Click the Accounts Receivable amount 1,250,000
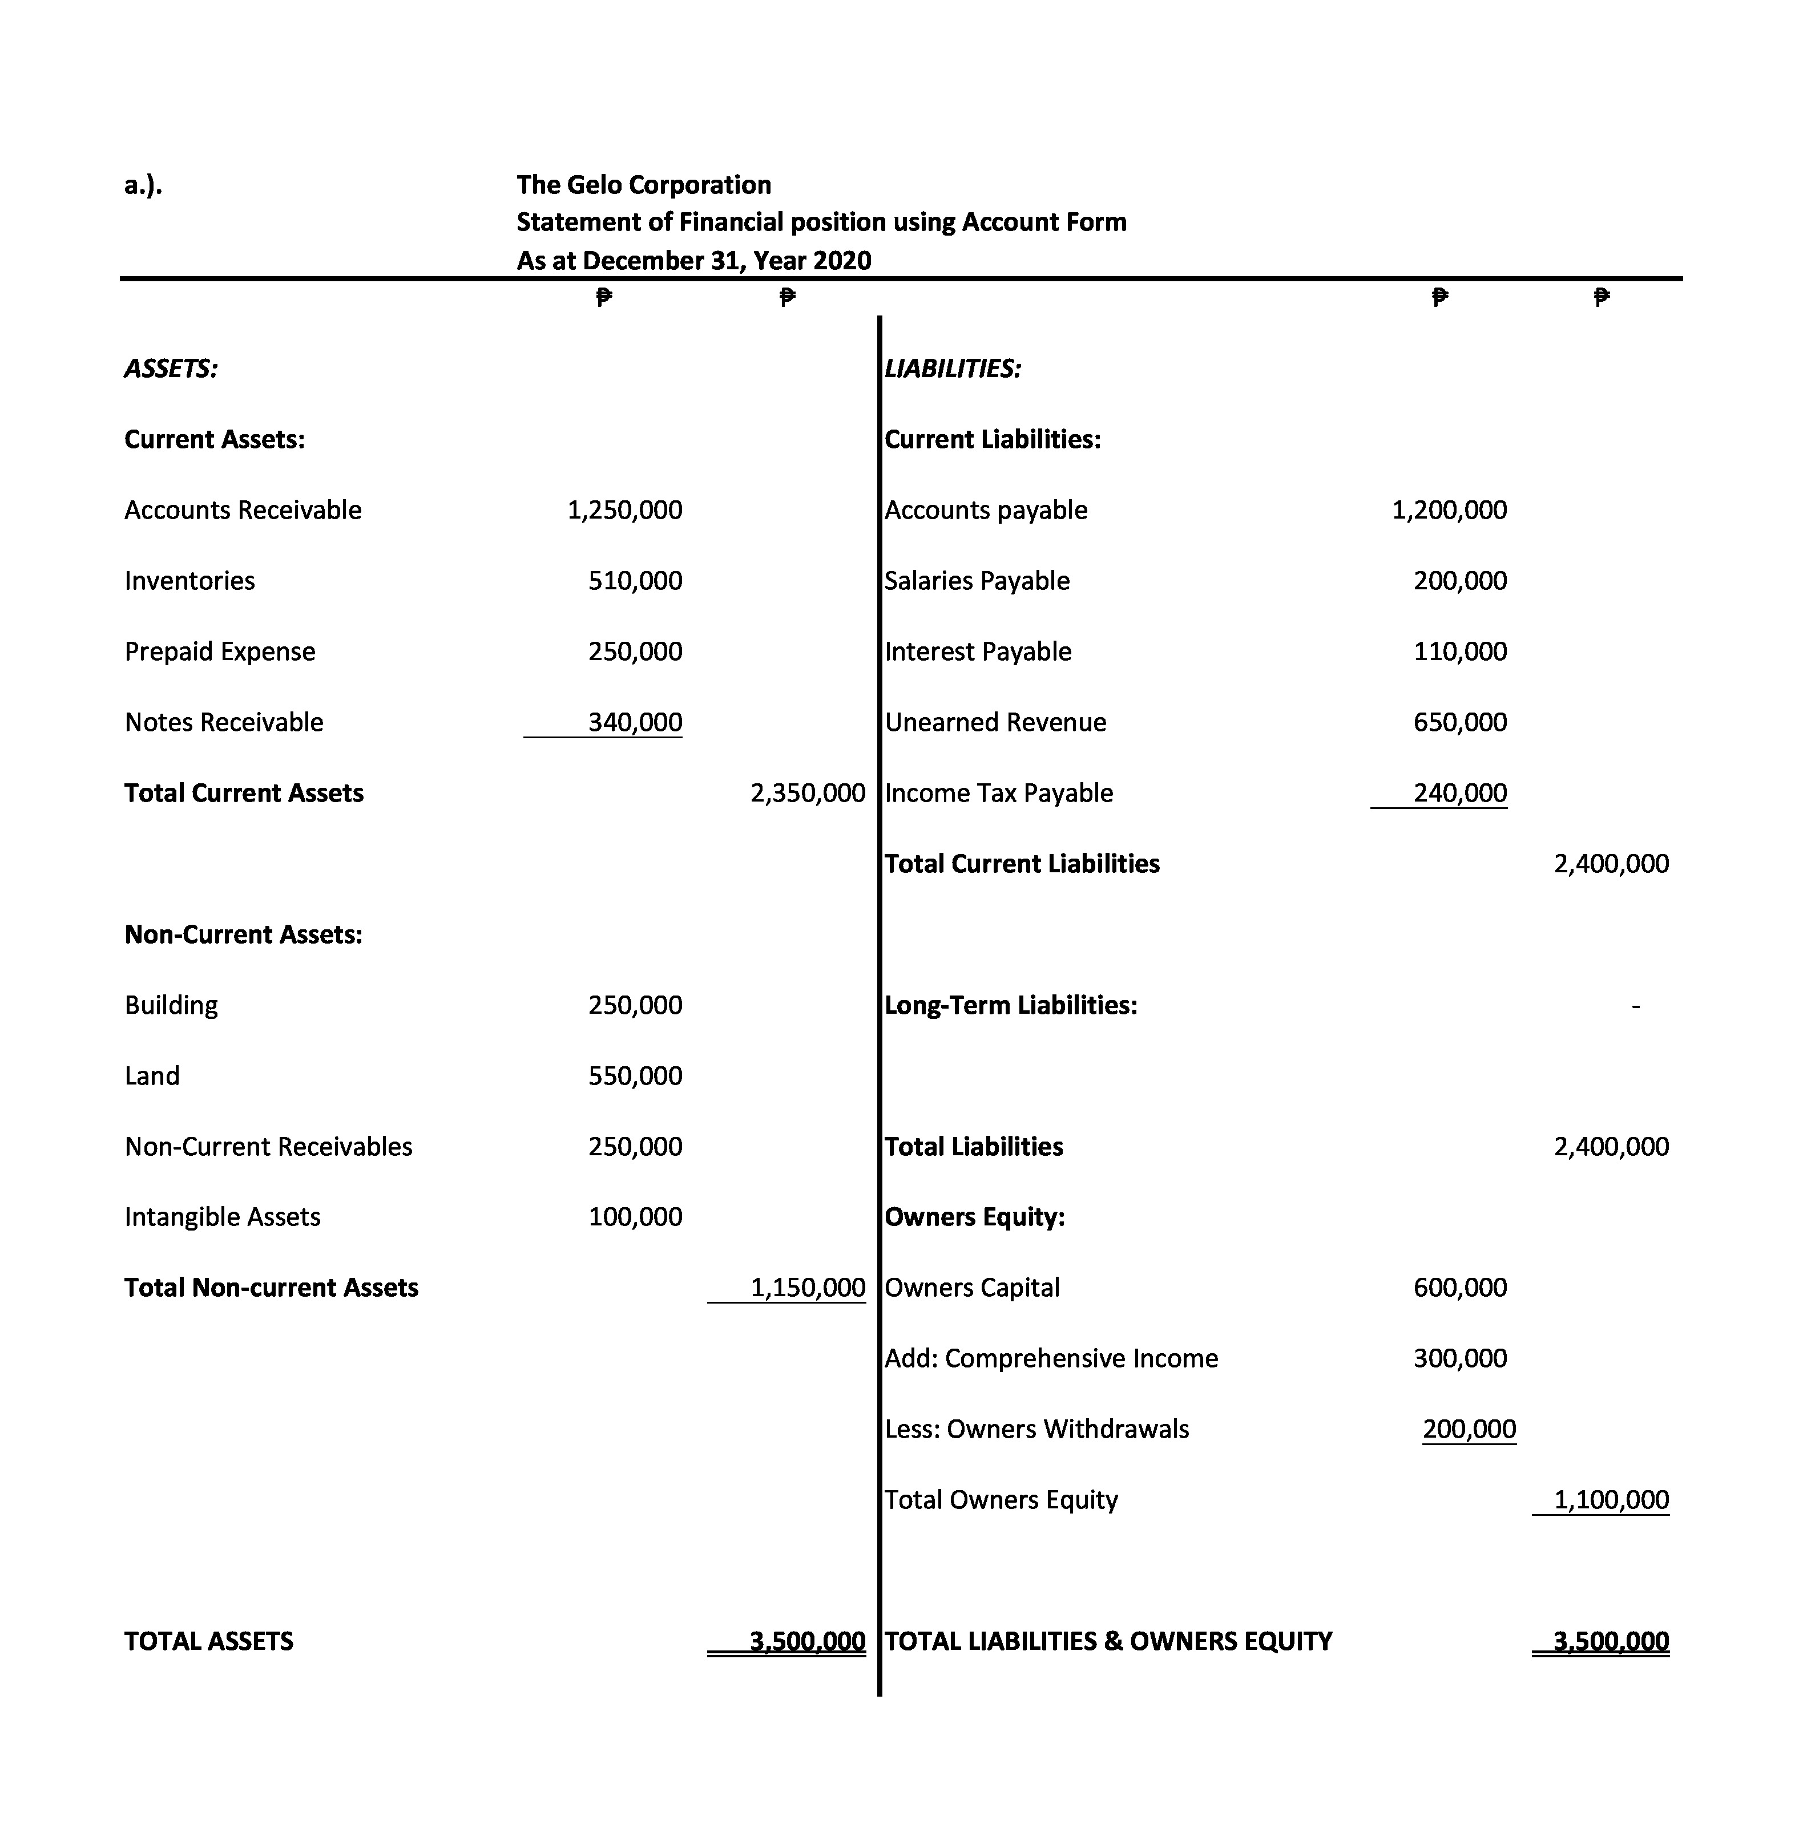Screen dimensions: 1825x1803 tap(624, 510)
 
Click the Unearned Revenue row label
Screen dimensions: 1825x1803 tap(995, 723)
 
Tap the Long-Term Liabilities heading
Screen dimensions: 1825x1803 tap(1010, 1005)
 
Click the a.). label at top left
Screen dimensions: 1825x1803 tap(143, 185)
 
